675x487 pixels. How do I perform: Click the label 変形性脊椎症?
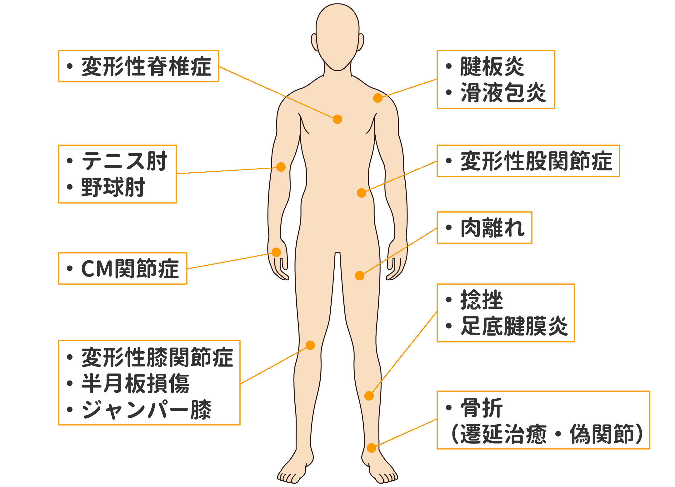[146, 66]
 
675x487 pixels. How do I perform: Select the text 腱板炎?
[492, 66]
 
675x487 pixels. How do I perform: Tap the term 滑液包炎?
[503, 93]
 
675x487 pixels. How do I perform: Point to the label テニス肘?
[124, 161]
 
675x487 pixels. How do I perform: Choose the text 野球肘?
[113, 187]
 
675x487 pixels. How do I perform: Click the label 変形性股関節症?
[536, 161]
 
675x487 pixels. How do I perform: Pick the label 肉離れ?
[492, 228]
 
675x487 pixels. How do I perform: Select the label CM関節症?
[130, 269]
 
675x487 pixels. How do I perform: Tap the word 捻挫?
[482, 300]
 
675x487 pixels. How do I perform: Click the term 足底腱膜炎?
[514, 326]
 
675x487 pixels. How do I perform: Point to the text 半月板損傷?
[135, 383]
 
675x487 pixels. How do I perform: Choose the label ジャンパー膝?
[146, 410]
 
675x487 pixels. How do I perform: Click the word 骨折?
[482, 408]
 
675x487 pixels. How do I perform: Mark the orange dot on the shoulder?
[378, 98]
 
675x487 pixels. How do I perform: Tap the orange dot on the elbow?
[281, 167]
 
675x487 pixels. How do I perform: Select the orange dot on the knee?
[310, 345]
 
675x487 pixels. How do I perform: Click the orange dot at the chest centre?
[337, 119]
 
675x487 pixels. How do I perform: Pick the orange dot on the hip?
[362, 193]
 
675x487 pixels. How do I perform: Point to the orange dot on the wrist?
[276, 252]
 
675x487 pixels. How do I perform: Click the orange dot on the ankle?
[371, 448]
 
